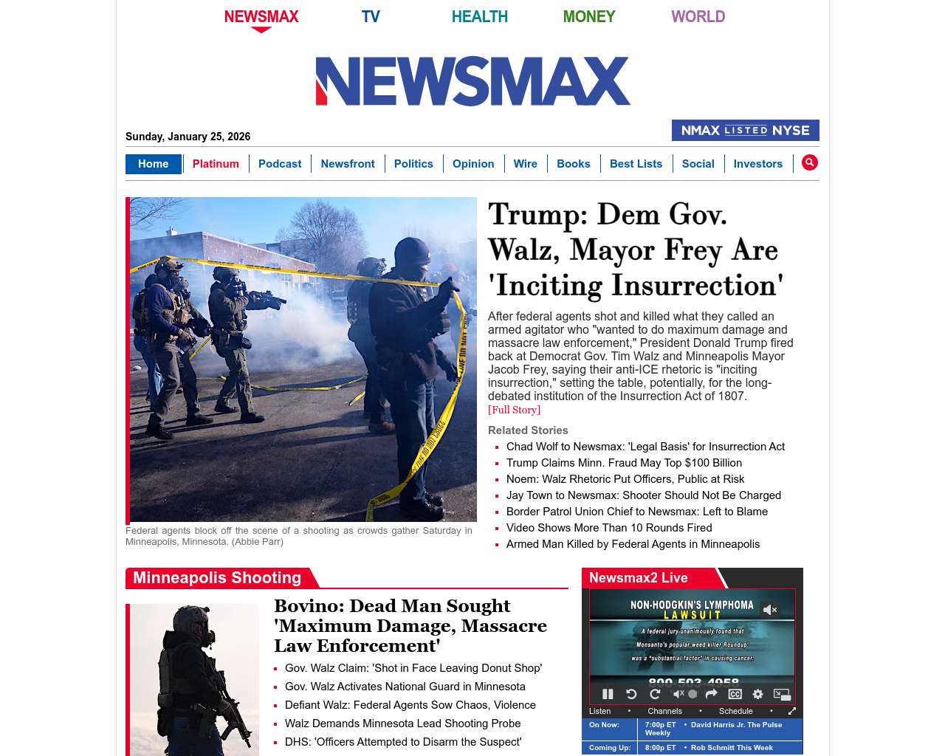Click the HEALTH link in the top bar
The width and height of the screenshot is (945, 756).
coord(479,16)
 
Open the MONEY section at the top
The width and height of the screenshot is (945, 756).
coord(588,16)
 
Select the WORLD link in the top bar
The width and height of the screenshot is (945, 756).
coord(698,16)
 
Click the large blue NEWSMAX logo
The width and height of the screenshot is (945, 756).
coord(472,81)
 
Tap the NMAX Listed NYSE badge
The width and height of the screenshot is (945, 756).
coord(745,130)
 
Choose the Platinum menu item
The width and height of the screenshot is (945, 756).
coord(216,164)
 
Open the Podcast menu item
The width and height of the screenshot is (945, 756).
coord(280,164)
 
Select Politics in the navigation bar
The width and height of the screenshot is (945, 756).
coord(413,164)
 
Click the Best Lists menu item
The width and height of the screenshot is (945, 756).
coord(636,164)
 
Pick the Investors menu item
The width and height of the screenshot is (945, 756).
coord(757,164)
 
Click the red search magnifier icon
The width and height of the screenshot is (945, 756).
coord(810,162)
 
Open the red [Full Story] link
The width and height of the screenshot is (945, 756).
coord(514,410)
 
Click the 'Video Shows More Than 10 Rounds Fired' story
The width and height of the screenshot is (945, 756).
coord(609,528)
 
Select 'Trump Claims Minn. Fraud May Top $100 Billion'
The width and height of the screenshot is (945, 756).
coord(624,463)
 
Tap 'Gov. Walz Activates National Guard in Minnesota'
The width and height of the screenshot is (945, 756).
coord(405,687)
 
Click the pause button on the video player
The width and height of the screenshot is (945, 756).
coord(608,694)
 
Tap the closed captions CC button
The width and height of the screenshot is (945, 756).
coord(735,694)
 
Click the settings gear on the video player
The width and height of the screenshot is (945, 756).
coord(757,694)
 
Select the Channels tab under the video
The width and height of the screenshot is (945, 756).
coord(664,711)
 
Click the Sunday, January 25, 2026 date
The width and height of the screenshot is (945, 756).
coord(188,137)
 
